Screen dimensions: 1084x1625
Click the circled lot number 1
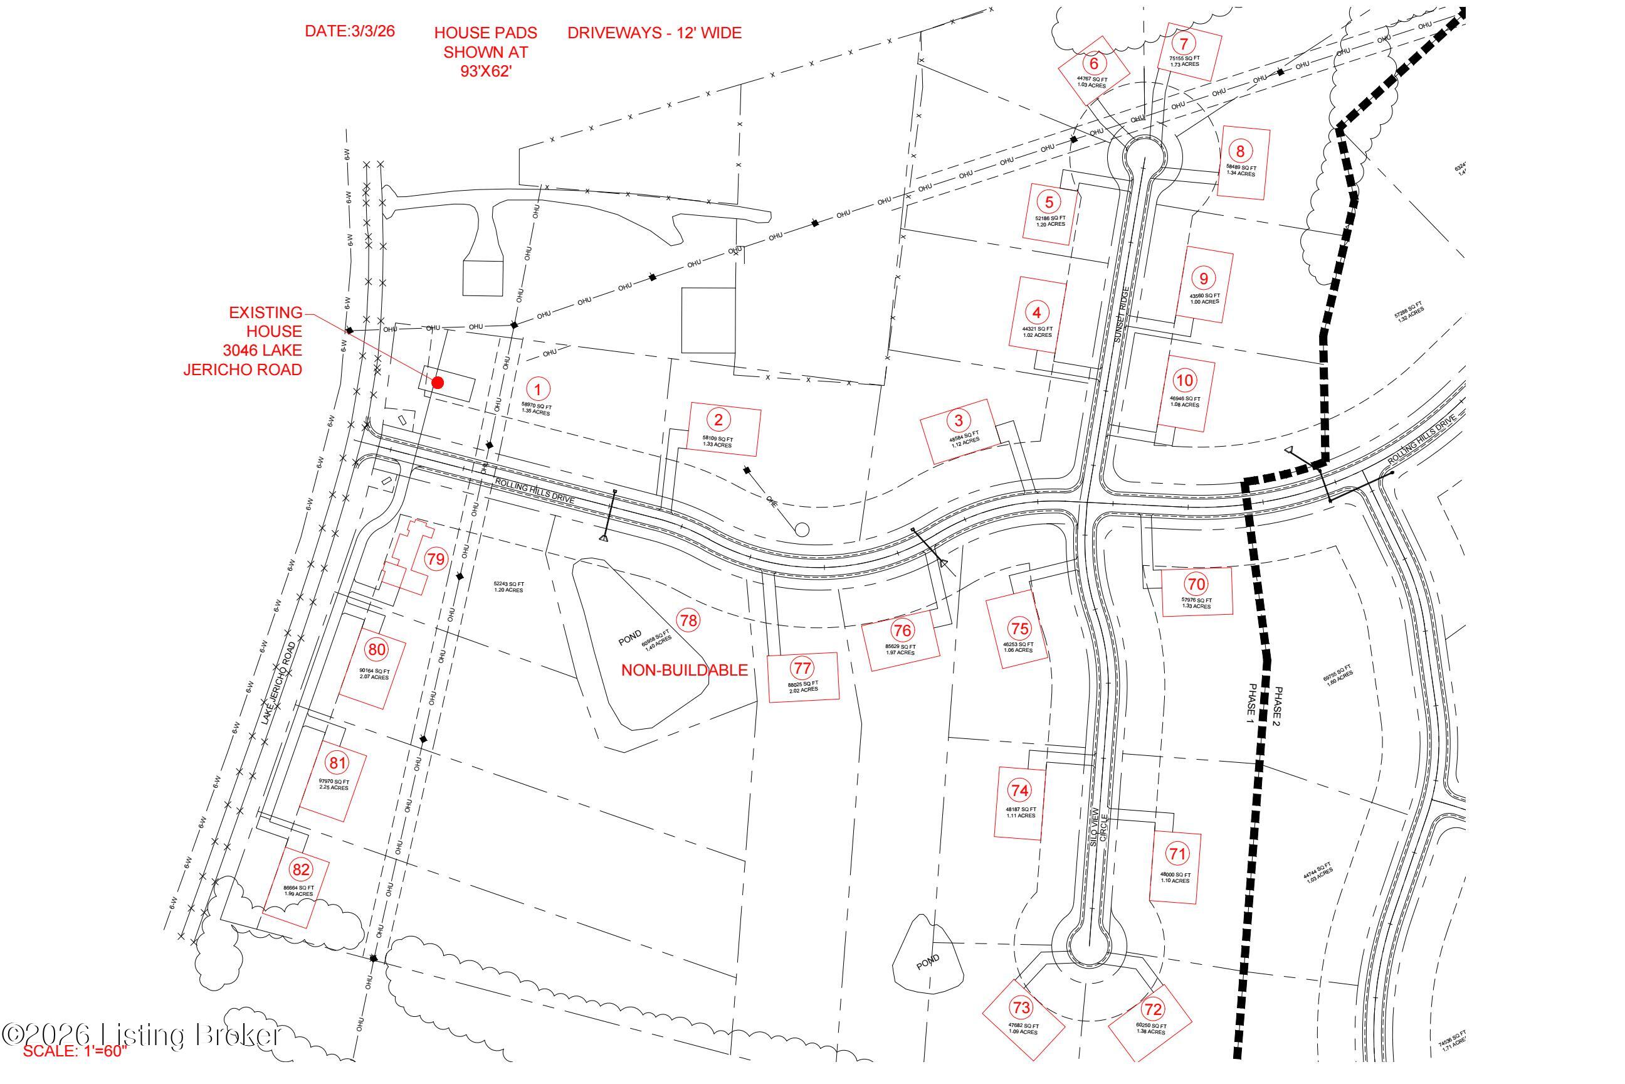(537, 388)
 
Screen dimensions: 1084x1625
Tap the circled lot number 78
(688, 620)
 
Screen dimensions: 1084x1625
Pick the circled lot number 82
(300, 869)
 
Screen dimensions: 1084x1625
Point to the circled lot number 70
(1197, 583)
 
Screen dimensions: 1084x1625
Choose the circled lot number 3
(959, 420)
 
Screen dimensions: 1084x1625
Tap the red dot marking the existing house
(438, 382)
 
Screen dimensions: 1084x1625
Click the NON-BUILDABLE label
(684, 670)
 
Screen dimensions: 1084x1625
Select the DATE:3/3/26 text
(350, 32)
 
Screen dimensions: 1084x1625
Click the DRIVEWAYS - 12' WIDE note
(655, 33)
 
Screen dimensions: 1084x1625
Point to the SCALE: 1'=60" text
(76, 1071)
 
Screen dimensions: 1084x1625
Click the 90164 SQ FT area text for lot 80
(374, 671)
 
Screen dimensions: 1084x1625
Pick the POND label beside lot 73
(928, 962)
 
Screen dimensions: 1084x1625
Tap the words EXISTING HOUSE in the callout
(265, 322)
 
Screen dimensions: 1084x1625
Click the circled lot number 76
(902, 630)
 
